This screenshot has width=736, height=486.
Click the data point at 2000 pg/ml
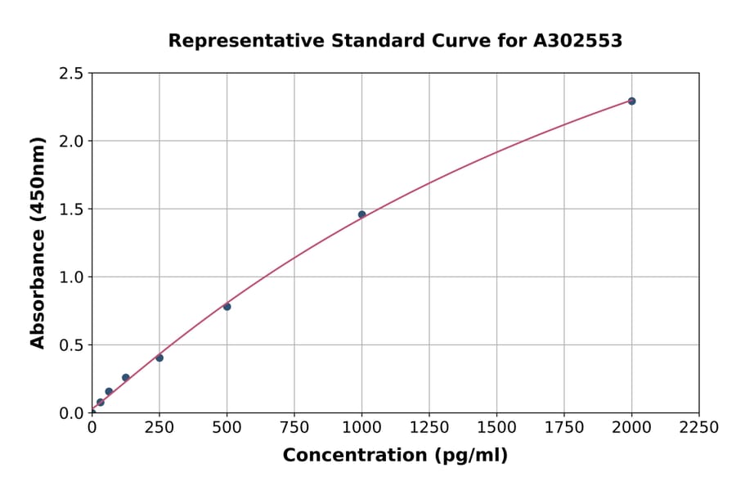[631, 101]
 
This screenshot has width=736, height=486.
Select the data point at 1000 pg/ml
[361, 214]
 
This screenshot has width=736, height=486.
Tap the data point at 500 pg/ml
[227, 307]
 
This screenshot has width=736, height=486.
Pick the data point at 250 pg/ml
[159, 358]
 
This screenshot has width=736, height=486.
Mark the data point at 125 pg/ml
[125, 377]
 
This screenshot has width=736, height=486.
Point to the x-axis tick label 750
[294, 427]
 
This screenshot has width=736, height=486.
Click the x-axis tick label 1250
[429, 427]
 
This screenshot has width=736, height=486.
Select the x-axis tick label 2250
[699, 427]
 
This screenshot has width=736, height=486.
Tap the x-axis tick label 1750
[564, 427]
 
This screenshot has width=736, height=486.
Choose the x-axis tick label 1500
[496, 427]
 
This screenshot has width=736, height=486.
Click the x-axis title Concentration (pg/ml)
[395, 456]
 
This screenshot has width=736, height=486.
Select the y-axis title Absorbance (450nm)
[38, 243]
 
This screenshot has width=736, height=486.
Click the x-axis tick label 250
[159, 427]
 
